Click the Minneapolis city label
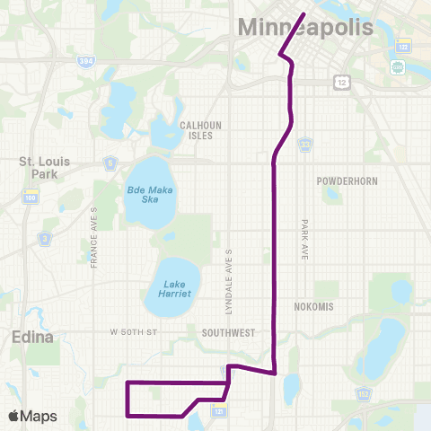[305, 28]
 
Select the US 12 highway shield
[341, 82]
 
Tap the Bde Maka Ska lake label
[149, 196]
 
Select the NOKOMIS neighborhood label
[314, 306]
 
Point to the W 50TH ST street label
[134, 333]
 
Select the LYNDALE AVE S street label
[230, 280]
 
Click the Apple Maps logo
[32, 416]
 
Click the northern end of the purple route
[303, 14]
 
